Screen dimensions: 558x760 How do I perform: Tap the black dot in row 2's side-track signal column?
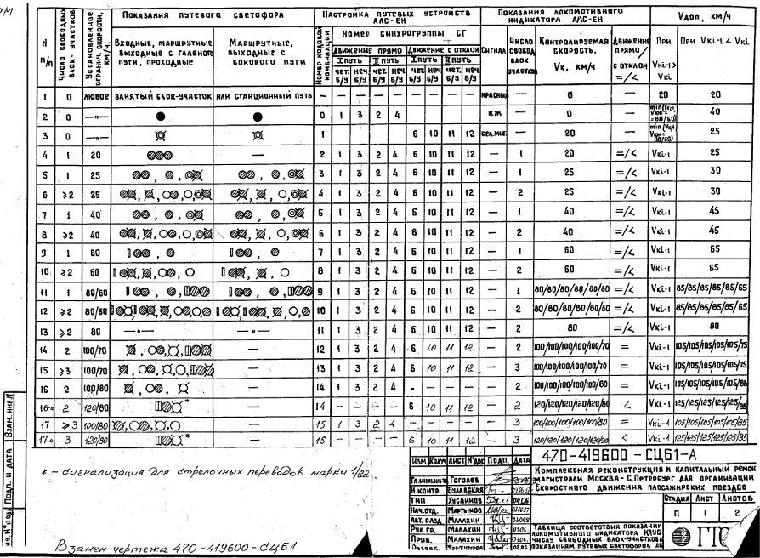260,116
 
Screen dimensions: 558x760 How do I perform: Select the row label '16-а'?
46,406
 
